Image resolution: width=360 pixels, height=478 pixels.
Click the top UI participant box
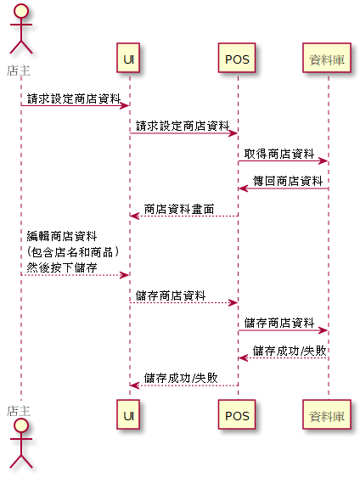pos(128,58)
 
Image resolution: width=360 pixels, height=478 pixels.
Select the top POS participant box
pos(237,58)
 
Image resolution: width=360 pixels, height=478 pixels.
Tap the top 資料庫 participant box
pos(327,58)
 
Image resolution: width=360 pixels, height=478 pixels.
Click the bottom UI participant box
pos(128,414)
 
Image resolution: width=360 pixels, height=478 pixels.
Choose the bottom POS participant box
pos(237,414)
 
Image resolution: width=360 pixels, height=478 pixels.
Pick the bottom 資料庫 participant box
pos(327,414)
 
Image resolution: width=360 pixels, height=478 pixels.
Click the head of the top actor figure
pos(21,11)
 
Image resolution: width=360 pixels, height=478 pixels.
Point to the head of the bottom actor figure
pos(21,426)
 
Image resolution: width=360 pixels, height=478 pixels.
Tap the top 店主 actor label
pos(19,70)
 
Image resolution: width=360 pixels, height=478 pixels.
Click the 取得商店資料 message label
pos(279,154)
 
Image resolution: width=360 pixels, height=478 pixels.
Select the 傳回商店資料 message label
pos(288,181)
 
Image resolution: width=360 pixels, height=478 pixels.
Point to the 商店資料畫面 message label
pos(179,209)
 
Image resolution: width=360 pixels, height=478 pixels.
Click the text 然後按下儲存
pos(62,267)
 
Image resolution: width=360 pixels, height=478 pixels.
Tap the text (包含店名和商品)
pos(73,252)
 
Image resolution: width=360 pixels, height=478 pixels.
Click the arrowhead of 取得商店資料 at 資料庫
pos(323,161)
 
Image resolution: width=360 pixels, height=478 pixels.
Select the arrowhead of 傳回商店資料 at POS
pos(243,188)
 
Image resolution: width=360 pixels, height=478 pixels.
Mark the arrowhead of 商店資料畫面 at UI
pos(135,217)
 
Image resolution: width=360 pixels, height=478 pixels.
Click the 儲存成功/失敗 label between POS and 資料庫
pos(290,351)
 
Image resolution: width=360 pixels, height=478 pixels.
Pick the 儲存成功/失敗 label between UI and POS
pos(181,379)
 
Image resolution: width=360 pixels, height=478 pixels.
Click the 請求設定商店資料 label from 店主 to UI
pos(74,98)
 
